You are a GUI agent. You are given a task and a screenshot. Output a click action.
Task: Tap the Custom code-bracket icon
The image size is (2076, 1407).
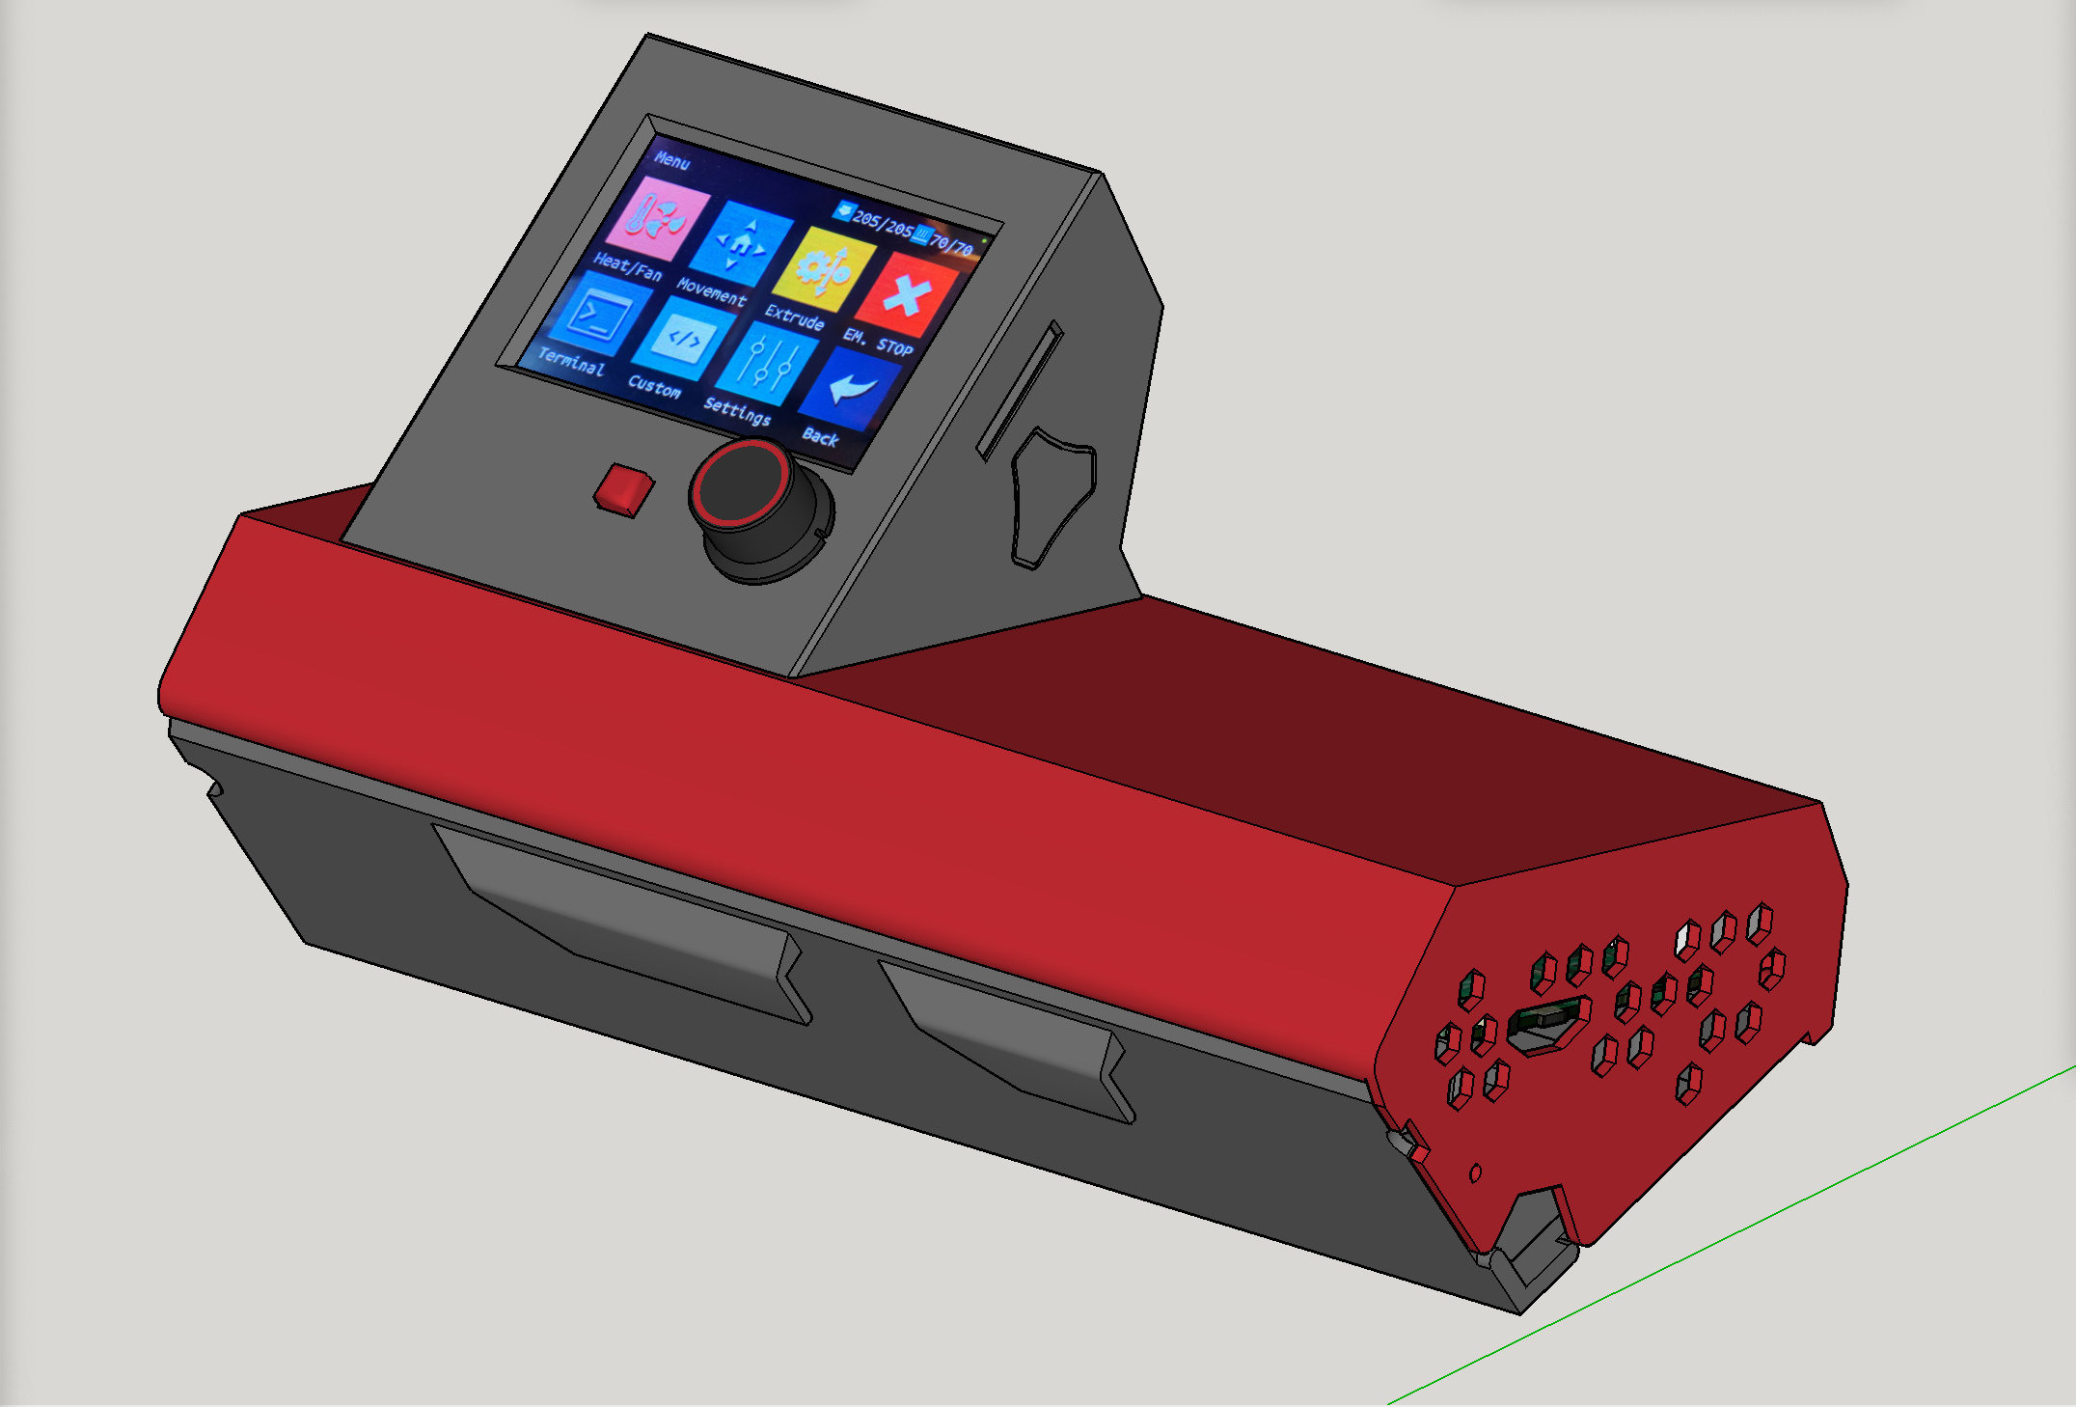pos(683,338)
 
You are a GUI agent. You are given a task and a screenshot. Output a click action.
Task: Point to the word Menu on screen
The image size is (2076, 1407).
pos(672,160)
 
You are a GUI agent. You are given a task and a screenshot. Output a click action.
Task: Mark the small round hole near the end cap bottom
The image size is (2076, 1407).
pos(1475,1172)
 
